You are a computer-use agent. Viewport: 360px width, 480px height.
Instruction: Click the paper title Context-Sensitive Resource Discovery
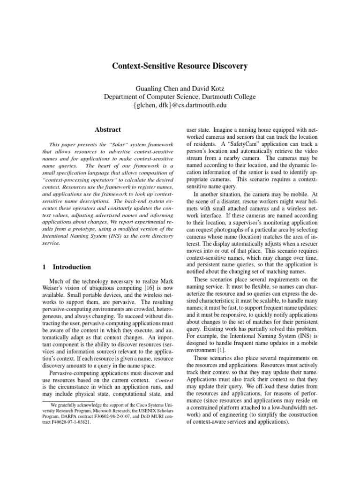click(x=180, y=67)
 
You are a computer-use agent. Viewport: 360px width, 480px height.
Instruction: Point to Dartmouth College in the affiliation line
click(x=225, y=97)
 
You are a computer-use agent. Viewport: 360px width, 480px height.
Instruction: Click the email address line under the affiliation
click(x=180, y=105)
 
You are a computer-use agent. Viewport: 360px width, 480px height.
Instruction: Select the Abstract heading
click(x=108, y=130)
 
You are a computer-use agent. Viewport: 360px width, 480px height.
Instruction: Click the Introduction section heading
click(x=72, y=267)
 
